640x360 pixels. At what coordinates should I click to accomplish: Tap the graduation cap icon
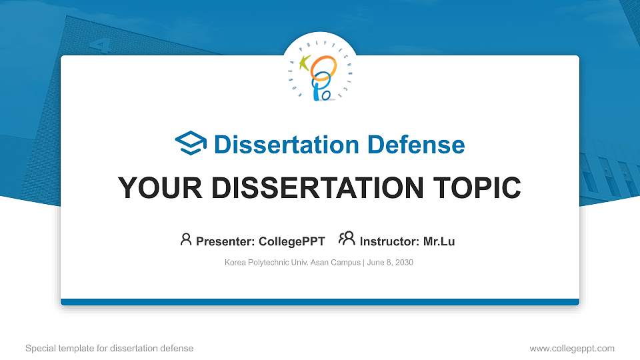191,143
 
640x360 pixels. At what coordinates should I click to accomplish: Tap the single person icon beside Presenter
186,239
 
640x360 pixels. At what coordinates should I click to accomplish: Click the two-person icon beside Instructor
347,239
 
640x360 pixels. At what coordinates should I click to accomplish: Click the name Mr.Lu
439,241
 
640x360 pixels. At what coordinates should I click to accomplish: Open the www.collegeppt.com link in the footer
571,348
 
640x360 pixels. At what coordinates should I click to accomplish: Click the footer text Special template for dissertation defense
109,348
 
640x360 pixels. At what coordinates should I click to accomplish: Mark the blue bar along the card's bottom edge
320,302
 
